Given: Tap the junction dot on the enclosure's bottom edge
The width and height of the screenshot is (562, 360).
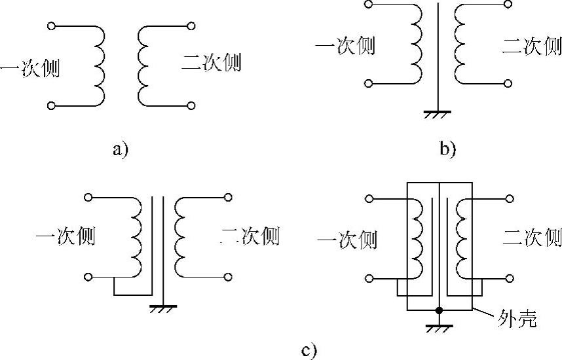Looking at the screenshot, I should (x=439, y=310).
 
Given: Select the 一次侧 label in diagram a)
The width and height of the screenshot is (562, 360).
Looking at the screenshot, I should (x=30, y=67).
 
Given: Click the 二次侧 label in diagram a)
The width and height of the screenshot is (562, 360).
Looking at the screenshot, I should (x=212, y=63).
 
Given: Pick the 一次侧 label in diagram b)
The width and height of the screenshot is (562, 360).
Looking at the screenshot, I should (x=345, y=46).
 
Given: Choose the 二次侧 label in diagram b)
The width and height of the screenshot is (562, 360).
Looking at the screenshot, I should (x=531, y=46).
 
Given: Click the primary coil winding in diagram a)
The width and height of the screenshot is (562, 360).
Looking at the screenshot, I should (x=99, y=65).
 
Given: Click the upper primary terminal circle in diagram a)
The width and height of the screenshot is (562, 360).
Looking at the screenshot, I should (x=52, y=26).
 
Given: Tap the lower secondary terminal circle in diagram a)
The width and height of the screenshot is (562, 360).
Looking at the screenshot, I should (x=191, y=105).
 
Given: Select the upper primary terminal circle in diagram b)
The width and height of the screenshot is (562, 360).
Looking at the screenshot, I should (x=369, y=5).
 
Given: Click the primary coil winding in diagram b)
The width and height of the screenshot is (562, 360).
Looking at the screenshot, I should (x=417, y=45).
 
